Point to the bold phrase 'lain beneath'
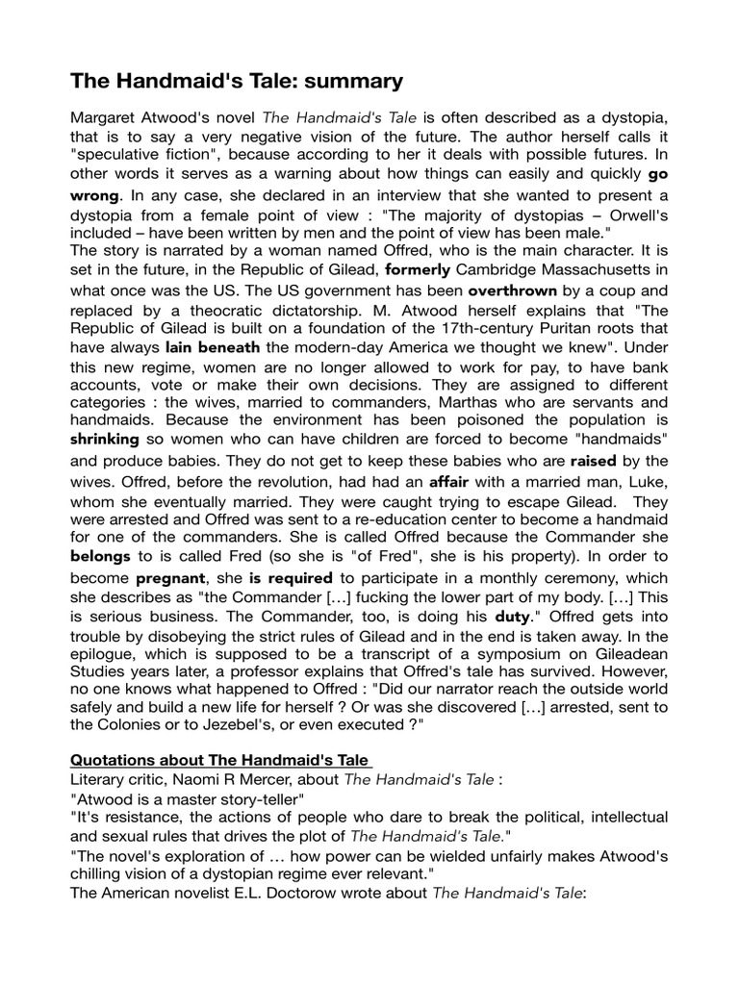[x=213, y=347]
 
